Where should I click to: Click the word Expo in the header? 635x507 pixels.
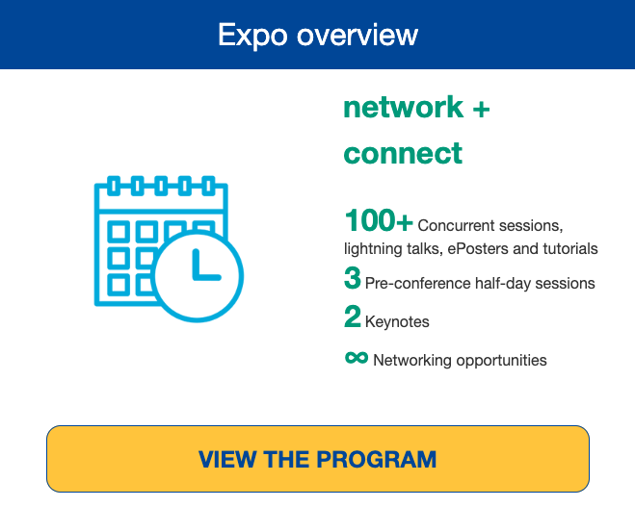252,36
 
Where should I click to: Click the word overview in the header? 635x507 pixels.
357,36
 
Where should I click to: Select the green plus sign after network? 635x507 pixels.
481,109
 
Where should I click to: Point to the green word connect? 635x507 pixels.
403,154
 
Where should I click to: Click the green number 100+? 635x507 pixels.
379,220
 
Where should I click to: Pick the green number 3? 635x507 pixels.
353,278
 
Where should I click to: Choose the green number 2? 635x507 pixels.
353,317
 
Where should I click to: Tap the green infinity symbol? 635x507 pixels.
357,358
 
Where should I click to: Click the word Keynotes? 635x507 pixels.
397,322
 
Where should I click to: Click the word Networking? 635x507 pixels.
412,361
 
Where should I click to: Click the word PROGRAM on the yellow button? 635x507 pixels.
376,459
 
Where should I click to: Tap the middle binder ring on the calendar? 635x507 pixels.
161,186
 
